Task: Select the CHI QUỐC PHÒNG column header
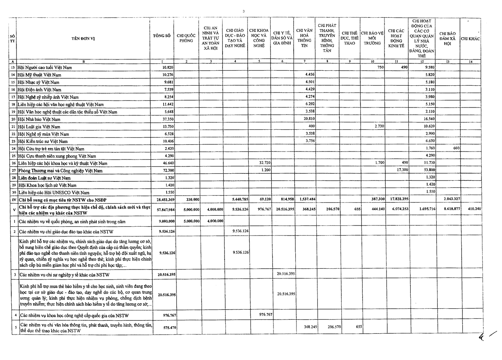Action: click(x=186, y=38)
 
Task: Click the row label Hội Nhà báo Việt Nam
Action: click(x=39, y=119)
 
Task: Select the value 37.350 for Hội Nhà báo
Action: click(x=168, y=119)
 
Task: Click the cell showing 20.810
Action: click(x=309, y=119)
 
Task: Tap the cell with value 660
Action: click(x=456, y=148)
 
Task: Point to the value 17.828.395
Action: click(x=397, y=200)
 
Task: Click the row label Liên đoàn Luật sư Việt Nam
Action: click(x=44, y=178)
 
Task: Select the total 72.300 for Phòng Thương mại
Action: click(x=168, y=171)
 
